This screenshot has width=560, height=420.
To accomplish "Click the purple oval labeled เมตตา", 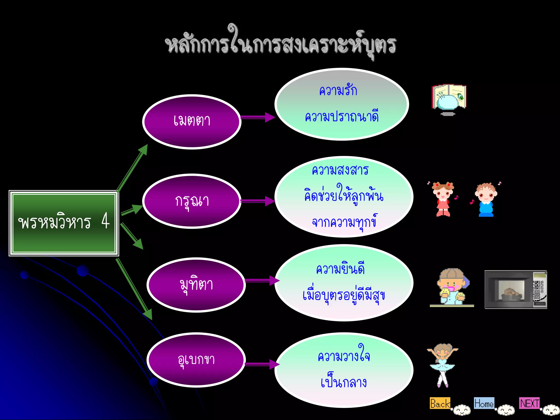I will pyautogui.click(x=191, y=122).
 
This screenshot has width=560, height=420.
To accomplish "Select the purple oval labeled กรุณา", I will pyautogui.click(x=191, y=201).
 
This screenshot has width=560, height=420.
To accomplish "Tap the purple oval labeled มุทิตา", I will pyautogui.click(x=196, y=285).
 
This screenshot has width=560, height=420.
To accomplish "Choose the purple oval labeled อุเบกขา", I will pyautogui.click(x=196, y=360).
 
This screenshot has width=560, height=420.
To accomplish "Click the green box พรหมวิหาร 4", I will pyautogui.click(x=64, y=223).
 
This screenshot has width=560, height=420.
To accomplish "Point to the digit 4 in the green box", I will pyautogui.click(x=106, y=221).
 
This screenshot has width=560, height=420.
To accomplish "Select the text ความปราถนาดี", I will pyautogui.click(x=342, y=117).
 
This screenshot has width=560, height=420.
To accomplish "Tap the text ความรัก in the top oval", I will pyautogui.click(x=338, y=91).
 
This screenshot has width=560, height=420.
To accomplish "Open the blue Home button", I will pyautogui.click(x=484, y=403).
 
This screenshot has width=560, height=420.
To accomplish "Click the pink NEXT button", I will pyautogui.click(x=529, y=403).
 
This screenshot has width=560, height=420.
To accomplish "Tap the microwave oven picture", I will pyautogui.click(x=516, y=290).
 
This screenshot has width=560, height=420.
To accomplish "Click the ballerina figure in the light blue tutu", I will pyautogui.click(x=442, y=365).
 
